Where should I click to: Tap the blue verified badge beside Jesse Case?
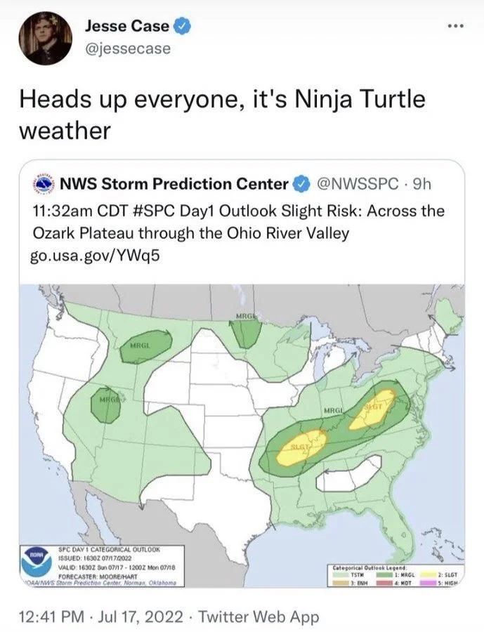(x=181, y=27)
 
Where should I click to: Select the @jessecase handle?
(x=127, y=49)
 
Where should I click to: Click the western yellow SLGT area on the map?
(x=301, y=447)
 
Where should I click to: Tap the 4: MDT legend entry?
(x=397, y=582)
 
